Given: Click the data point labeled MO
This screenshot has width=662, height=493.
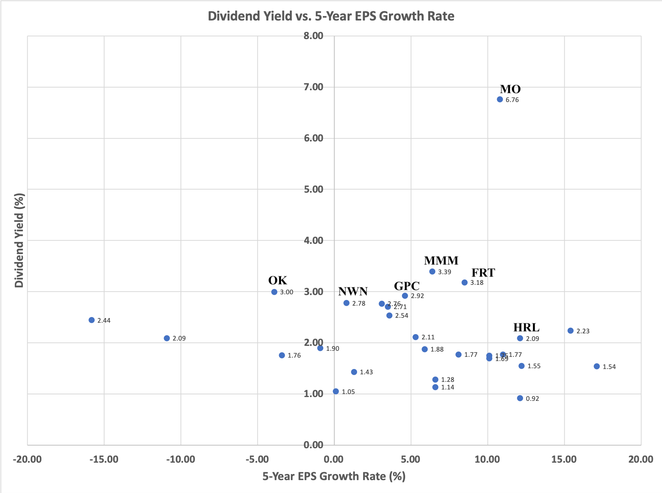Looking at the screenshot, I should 500,99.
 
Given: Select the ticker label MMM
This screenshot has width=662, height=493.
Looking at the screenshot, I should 441,261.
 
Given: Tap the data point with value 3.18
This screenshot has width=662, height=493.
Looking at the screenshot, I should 465,283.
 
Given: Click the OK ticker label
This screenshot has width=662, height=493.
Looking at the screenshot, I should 278,280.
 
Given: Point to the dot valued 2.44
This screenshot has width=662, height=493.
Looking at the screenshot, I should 92,320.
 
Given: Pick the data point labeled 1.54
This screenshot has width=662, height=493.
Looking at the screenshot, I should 597,366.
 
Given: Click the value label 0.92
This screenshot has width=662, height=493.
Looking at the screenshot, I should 532,399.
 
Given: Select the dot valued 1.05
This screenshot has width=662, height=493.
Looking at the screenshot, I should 336,391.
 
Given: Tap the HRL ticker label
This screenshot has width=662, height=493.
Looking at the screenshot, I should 526,327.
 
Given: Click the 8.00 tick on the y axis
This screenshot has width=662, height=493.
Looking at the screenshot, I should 313,36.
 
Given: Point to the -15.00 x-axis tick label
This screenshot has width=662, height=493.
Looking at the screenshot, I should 104,459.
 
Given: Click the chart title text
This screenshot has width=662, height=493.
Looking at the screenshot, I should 331,16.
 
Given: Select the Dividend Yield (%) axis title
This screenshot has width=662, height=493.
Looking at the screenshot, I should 19,240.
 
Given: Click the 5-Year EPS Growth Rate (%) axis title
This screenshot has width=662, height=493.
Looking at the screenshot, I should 334,476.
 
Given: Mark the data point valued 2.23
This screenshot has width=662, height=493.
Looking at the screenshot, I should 570,331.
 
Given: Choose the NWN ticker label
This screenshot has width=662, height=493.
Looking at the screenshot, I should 353,291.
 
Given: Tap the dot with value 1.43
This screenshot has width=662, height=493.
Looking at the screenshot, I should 354,372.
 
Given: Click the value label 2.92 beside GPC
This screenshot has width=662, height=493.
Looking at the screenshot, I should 417,296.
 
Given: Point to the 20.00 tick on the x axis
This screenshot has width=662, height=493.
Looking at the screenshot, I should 641,459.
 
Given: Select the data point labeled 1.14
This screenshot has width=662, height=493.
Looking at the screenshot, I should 435,387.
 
